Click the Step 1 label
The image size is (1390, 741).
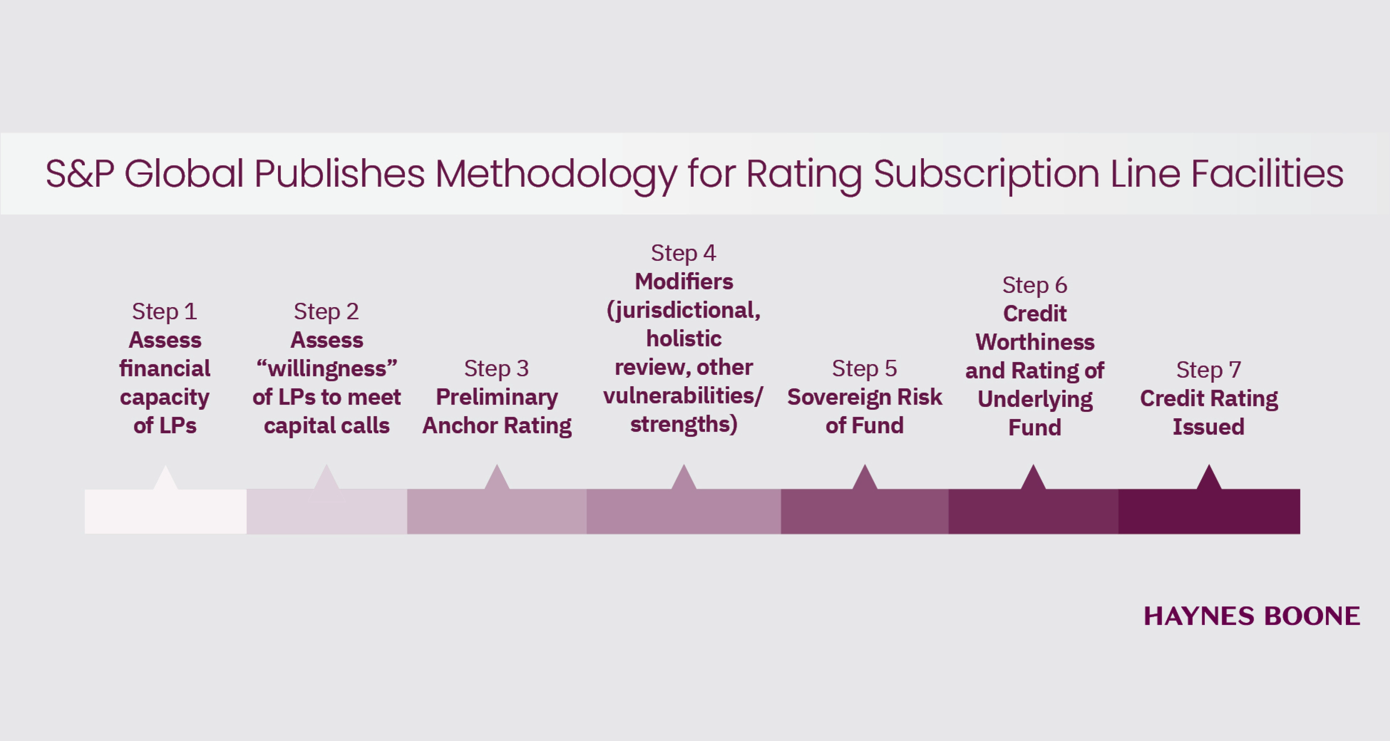[x=165, y=312]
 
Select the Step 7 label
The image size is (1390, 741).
[x=1208, y=370]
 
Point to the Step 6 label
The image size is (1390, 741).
[x=1034, y=285]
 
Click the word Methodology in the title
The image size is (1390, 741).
[x=556, y=174]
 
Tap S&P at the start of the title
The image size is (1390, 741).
[x=80, y=174]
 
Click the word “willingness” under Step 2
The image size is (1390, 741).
[x=327, y=369]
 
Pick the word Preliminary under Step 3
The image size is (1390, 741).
[x=496, y=397]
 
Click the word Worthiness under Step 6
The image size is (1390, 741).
[x=1034, y=342]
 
